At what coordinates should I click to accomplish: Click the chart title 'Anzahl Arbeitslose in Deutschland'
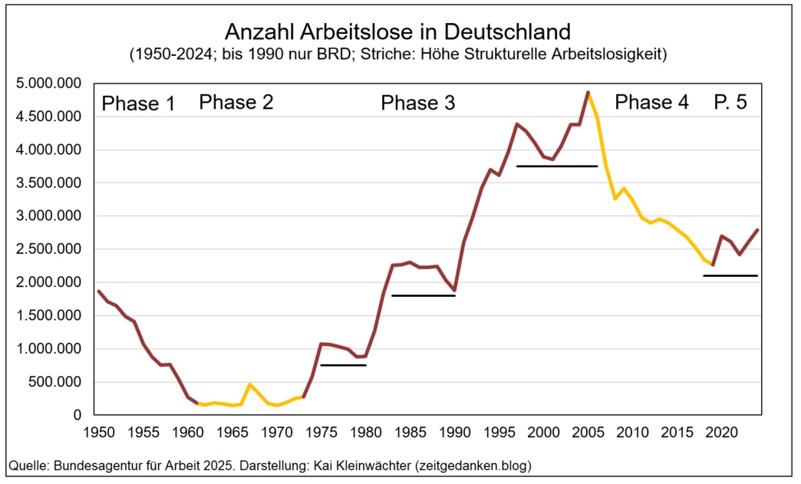(x=397, y=32)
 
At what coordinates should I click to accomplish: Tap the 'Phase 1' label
(x=138, y=104)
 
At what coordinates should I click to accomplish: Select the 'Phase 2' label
(x=236, y=102)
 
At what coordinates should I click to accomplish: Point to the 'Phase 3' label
(x=418, y=104)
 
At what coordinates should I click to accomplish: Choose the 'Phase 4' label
(x=652, y=102)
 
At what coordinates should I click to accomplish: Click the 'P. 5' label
(x=730, y=102)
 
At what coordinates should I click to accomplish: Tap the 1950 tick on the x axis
(x=99, y=432)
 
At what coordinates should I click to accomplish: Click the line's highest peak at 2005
(x=588, y=92)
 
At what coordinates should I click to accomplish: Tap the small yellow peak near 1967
(x=249, y=384)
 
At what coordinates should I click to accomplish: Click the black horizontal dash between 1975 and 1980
(x=343, y=365)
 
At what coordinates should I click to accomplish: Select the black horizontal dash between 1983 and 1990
(x=424, y=295)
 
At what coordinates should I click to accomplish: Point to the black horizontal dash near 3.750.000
(x=556, y=166)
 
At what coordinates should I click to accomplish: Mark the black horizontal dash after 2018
(x=730, y=275)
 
